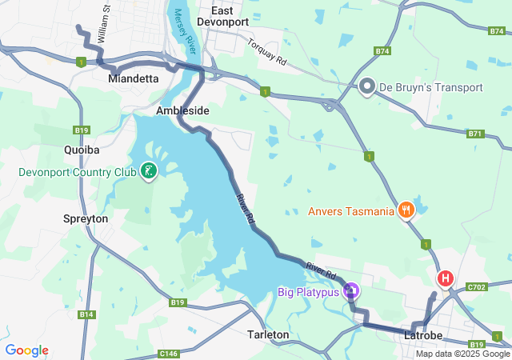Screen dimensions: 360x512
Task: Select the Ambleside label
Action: (182, 110)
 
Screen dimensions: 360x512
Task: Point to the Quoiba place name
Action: (81, 149)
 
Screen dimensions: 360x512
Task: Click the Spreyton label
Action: (85, 218)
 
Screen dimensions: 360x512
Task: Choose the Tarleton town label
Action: (268, 334)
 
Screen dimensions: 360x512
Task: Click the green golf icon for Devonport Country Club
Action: (148, 170)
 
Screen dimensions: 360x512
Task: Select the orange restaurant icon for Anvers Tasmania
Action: (406, 211)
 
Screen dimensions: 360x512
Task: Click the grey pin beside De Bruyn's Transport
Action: (367, 86)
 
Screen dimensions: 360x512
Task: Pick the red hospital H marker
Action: (445, 278)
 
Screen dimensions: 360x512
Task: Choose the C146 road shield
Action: (169, 354)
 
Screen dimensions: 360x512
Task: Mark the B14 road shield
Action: (86, 315)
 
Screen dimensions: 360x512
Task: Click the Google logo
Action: (27, 350)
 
